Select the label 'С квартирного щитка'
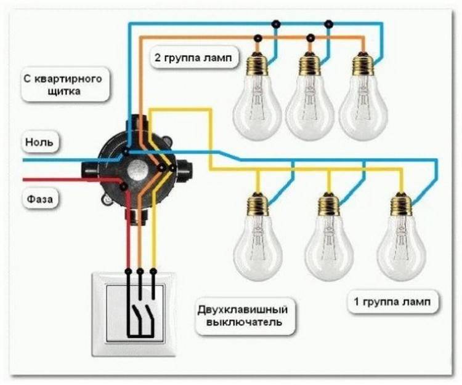coord(65,85)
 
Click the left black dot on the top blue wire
coord(275,24)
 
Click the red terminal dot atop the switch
coord(129,270)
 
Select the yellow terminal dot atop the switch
coord(153,270)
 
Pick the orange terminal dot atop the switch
coord(140,270)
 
